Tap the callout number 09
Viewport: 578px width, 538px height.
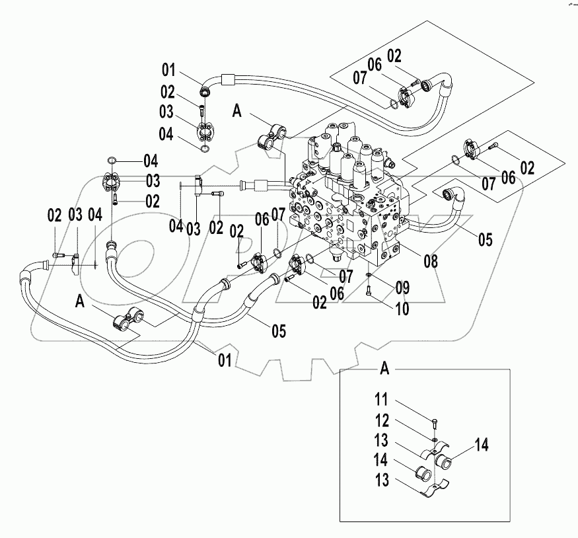pyautogui.click(x=402, y=288)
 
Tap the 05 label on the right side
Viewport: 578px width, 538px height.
pyautogui.click(x=485, y=239)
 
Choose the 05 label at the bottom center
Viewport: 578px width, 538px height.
pyautogui.click(x=279, y=330)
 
